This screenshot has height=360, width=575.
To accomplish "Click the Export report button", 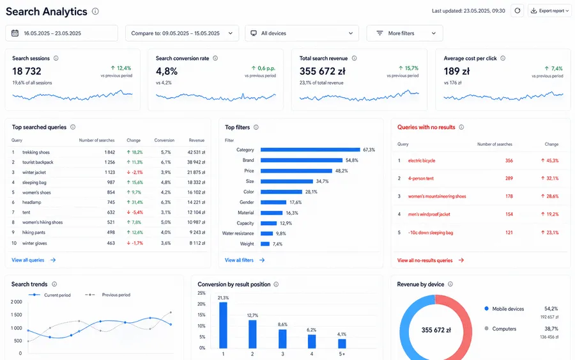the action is (x=549, y=11).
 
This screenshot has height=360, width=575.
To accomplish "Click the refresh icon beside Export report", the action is (x=517, y=11).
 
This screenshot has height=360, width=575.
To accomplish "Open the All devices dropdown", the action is (x=302, y=33).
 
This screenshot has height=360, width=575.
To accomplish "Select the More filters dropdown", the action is (x=404, y=33).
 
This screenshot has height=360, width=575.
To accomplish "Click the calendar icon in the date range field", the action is (x=15, y=33).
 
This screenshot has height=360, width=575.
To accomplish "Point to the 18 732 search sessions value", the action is (x=27, y=71).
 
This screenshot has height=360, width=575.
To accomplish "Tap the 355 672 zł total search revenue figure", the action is (x=323, y=71).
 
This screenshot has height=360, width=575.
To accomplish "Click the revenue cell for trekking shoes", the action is (x=196, y=152).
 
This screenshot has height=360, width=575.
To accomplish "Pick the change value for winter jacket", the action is (x=135, y=172).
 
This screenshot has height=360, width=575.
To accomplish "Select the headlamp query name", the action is (x=31, y=202).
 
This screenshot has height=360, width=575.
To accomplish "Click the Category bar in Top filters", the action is (x=310, y=150).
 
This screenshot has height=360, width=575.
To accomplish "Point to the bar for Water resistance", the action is (x=266, y=233).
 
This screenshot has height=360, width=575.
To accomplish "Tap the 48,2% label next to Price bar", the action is (x=341, y=171).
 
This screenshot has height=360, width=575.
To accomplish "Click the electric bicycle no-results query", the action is (x=422, y=160).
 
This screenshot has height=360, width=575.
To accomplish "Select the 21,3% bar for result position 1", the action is (x=223, y=325).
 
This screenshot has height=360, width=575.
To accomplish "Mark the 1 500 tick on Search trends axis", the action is (x=16, y=315).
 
